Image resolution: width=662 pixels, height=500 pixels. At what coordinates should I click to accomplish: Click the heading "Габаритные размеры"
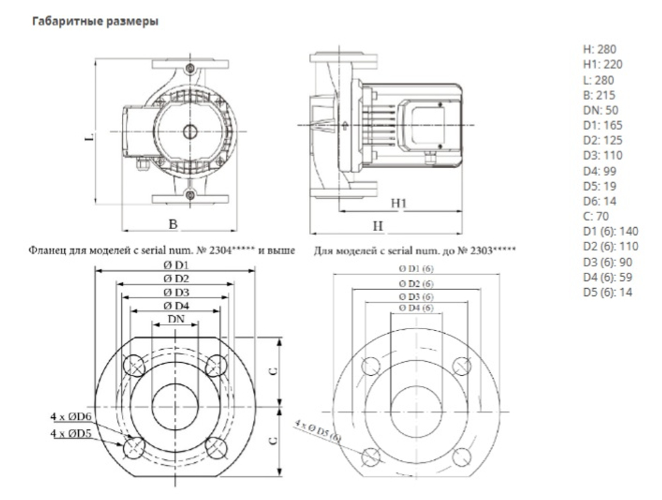tap(95, 21)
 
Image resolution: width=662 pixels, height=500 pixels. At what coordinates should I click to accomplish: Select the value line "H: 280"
tap(600, 50)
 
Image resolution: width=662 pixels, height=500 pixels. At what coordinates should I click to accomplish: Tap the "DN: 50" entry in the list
tap(600, 110)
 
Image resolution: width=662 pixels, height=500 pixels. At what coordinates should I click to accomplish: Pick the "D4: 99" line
tap(600, 171)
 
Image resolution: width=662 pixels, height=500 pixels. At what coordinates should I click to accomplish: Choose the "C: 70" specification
tap(596, 216)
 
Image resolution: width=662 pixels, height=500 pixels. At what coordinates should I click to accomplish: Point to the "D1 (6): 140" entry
tap(610, 231)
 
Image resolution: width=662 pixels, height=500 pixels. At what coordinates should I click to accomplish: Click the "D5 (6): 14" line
tap(608, 292)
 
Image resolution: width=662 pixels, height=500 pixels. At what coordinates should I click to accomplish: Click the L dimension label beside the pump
tap(89, 137)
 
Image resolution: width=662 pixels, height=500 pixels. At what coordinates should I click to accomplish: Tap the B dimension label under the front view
tap(173, 224)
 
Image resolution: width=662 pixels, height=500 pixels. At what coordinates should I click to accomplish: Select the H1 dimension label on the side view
tap(398, 203)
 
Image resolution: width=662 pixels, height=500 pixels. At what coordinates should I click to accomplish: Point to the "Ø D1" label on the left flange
tap(176, 265)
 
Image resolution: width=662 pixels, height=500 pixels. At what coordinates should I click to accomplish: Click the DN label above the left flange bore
tap(176, 319)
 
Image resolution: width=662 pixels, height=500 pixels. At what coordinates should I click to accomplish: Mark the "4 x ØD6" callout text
tap(71, 417)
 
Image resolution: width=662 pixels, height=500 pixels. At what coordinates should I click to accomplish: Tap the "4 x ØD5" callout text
tap(71, 433)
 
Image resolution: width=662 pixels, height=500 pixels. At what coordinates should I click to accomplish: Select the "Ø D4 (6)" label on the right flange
tap(416, 308)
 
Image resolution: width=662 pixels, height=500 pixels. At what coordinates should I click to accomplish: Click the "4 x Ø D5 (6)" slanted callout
tap(317, 430)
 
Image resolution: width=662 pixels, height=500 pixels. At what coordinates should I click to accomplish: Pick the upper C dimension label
tap(273, 371)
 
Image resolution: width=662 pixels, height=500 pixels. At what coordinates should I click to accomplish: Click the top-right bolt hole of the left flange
tap(216, 366)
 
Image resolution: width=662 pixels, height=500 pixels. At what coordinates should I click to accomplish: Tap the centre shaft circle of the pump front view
tap(191, 132)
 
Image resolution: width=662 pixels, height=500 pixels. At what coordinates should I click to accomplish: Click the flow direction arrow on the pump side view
tap(345, 125)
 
